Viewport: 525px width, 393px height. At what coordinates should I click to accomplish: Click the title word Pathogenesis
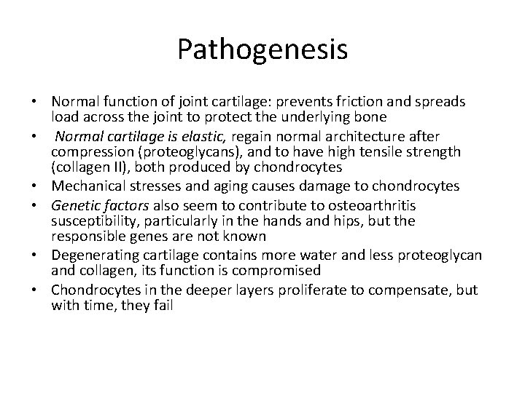262,49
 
